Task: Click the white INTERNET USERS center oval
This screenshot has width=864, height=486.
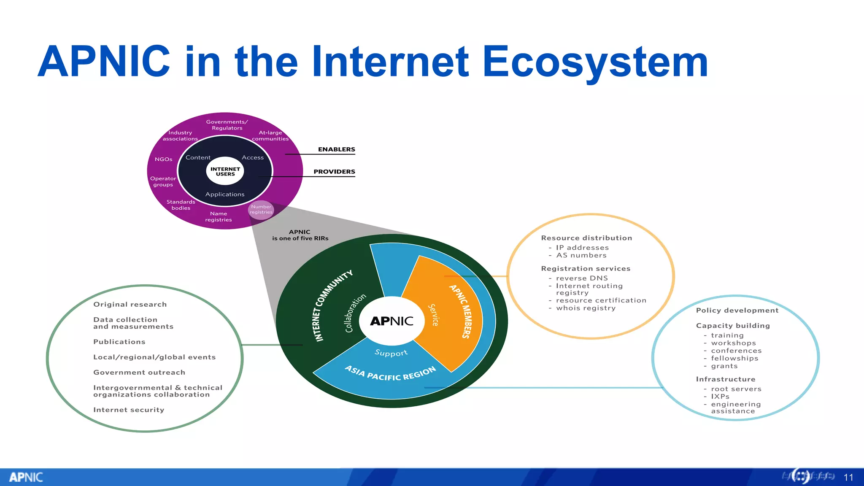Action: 225,171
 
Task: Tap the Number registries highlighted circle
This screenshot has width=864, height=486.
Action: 261,210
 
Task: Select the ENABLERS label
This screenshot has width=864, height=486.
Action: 336,149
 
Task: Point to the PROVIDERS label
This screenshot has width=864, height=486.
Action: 334,172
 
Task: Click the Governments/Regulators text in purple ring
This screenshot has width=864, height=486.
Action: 227,125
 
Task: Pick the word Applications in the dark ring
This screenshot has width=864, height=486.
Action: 225,194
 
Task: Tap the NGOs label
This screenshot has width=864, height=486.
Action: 163,159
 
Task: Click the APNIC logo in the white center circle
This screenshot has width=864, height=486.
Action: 391,321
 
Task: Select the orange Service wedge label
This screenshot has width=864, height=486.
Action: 433,315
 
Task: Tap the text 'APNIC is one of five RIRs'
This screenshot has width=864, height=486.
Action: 300,235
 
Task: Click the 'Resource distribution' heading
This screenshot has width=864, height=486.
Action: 586,238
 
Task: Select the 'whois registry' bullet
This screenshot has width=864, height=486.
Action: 586,308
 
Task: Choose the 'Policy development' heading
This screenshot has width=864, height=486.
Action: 737,310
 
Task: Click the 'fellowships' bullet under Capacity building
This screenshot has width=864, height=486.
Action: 734,358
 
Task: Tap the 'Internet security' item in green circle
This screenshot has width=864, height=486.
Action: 129,410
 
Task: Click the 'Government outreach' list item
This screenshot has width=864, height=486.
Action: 139,373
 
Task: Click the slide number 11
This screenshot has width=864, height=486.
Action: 848,477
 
